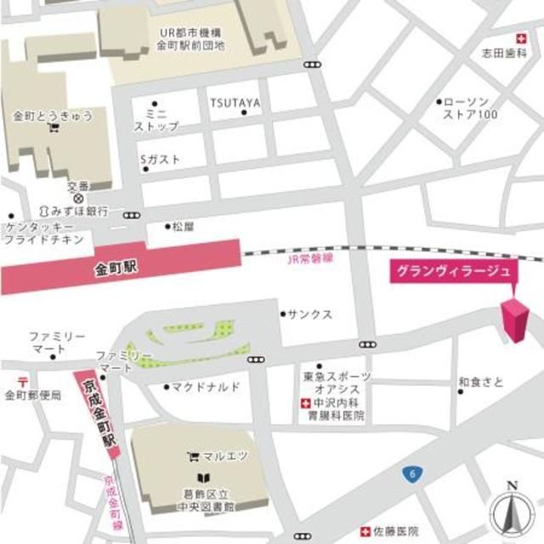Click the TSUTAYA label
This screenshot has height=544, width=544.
235,104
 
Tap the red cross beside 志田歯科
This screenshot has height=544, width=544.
521,37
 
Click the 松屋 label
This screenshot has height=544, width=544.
183,227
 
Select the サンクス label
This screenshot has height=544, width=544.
309,314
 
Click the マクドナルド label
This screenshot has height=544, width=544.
206,388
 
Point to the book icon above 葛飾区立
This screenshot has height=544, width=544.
202,478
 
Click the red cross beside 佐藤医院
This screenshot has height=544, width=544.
365,531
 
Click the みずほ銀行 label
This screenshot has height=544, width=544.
79,210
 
